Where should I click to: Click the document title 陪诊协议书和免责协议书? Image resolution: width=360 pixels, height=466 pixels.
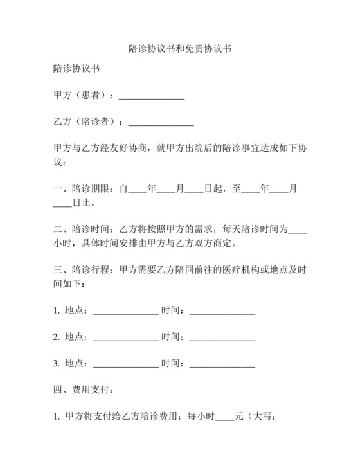pos(179,48)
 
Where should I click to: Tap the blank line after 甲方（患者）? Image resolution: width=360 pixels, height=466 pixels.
pos(152,96)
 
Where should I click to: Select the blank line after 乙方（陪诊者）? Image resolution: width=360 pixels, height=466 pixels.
pos(161,121)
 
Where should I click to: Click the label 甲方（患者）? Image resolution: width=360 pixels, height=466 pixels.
pos(82,96)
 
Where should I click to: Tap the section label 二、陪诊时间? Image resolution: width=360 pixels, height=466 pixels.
pos(82,229)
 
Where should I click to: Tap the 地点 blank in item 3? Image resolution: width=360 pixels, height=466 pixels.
pos(126,364)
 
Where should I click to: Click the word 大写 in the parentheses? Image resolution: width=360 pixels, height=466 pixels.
pos(264,417)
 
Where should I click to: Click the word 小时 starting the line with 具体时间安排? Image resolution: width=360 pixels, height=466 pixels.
pos(62,244)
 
